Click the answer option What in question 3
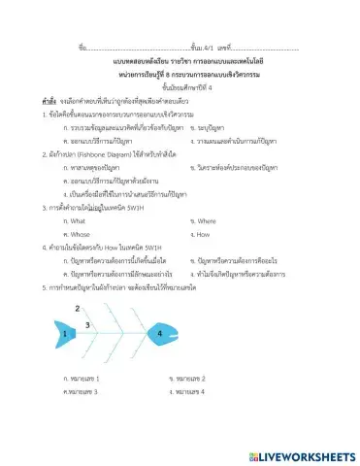click(x=74, y=220)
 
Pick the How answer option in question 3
click(x=203, y=234)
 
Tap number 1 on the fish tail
click(x=65, y=333)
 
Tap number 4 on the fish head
click(x=159, y=332)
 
